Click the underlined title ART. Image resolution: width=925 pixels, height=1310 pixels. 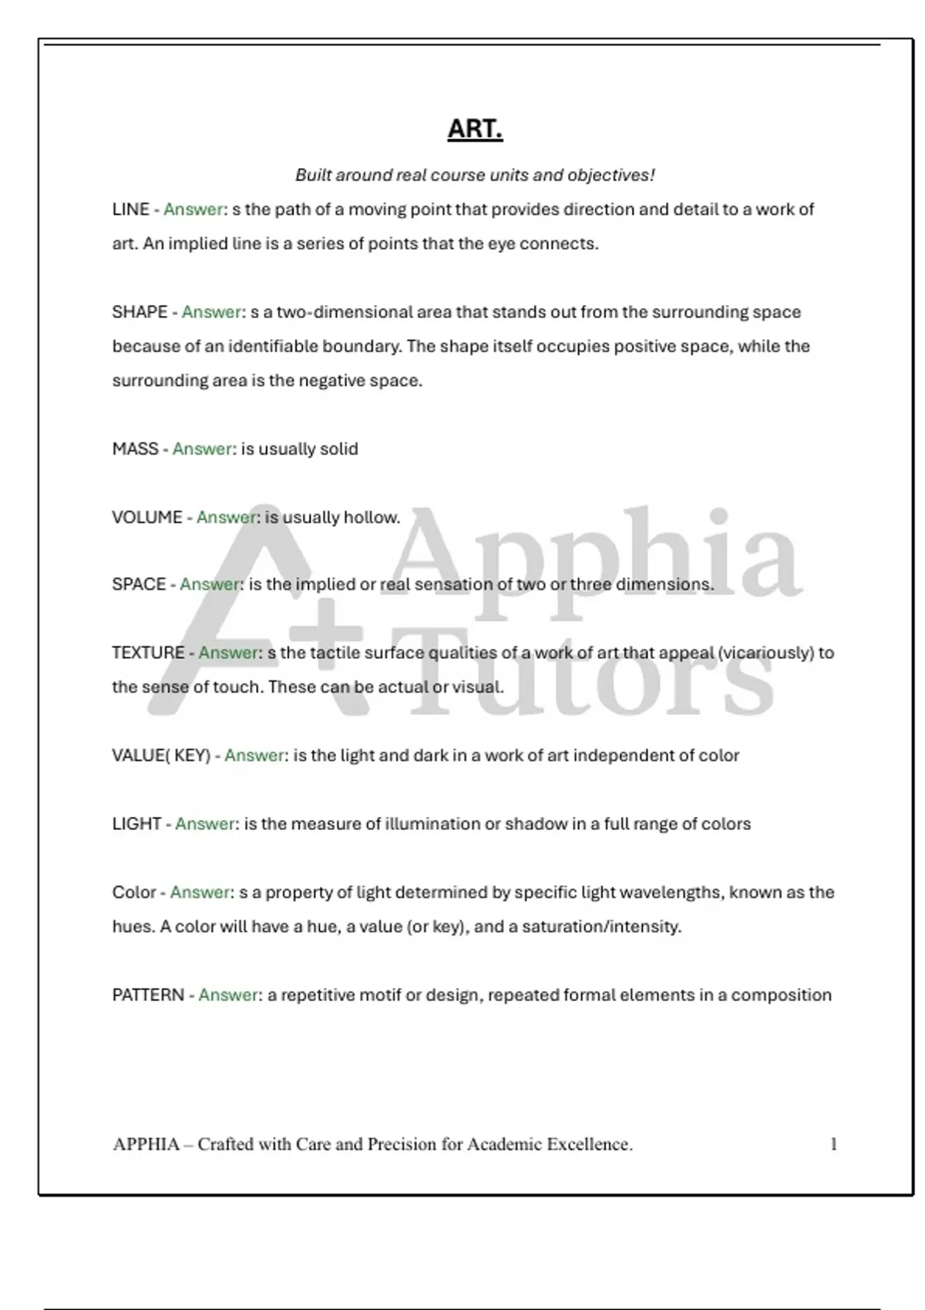pos(475,129)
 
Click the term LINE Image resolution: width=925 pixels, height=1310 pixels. pos(130,210)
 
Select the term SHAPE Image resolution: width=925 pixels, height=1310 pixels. pos(140,312)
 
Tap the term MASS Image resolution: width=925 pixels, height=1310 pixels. pos(135,448)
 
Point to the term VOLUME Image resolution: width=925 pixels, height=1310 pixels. pos(147,517)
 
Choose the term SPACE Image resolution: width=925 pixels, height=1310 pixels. pos(139,584)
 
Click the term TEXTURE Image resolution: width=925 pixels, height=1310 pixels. pos(148,653)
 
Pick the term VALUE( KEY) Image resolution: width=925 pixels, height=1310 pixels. pos(161,755)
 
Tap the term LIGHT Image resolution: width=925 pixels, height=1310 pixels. pos(136,824)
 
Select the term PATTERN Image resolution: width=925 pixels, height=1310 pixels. pos(148,995)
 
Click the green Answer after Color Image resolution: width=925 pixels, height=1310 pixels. pos(200,892)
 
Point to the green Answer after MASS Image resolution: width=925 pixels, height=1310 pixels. pos(203,448)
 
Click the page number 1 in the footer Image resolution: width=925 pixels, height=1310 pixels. pos(833,1144)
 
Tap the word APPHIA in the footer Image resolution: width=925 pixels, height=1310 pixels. pos(146,1144)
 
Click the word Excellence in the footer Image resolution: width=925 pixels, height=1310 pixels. pos(590,1144)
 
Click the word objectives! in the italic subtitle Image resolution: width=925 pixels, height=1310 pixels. pos(611,175)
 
